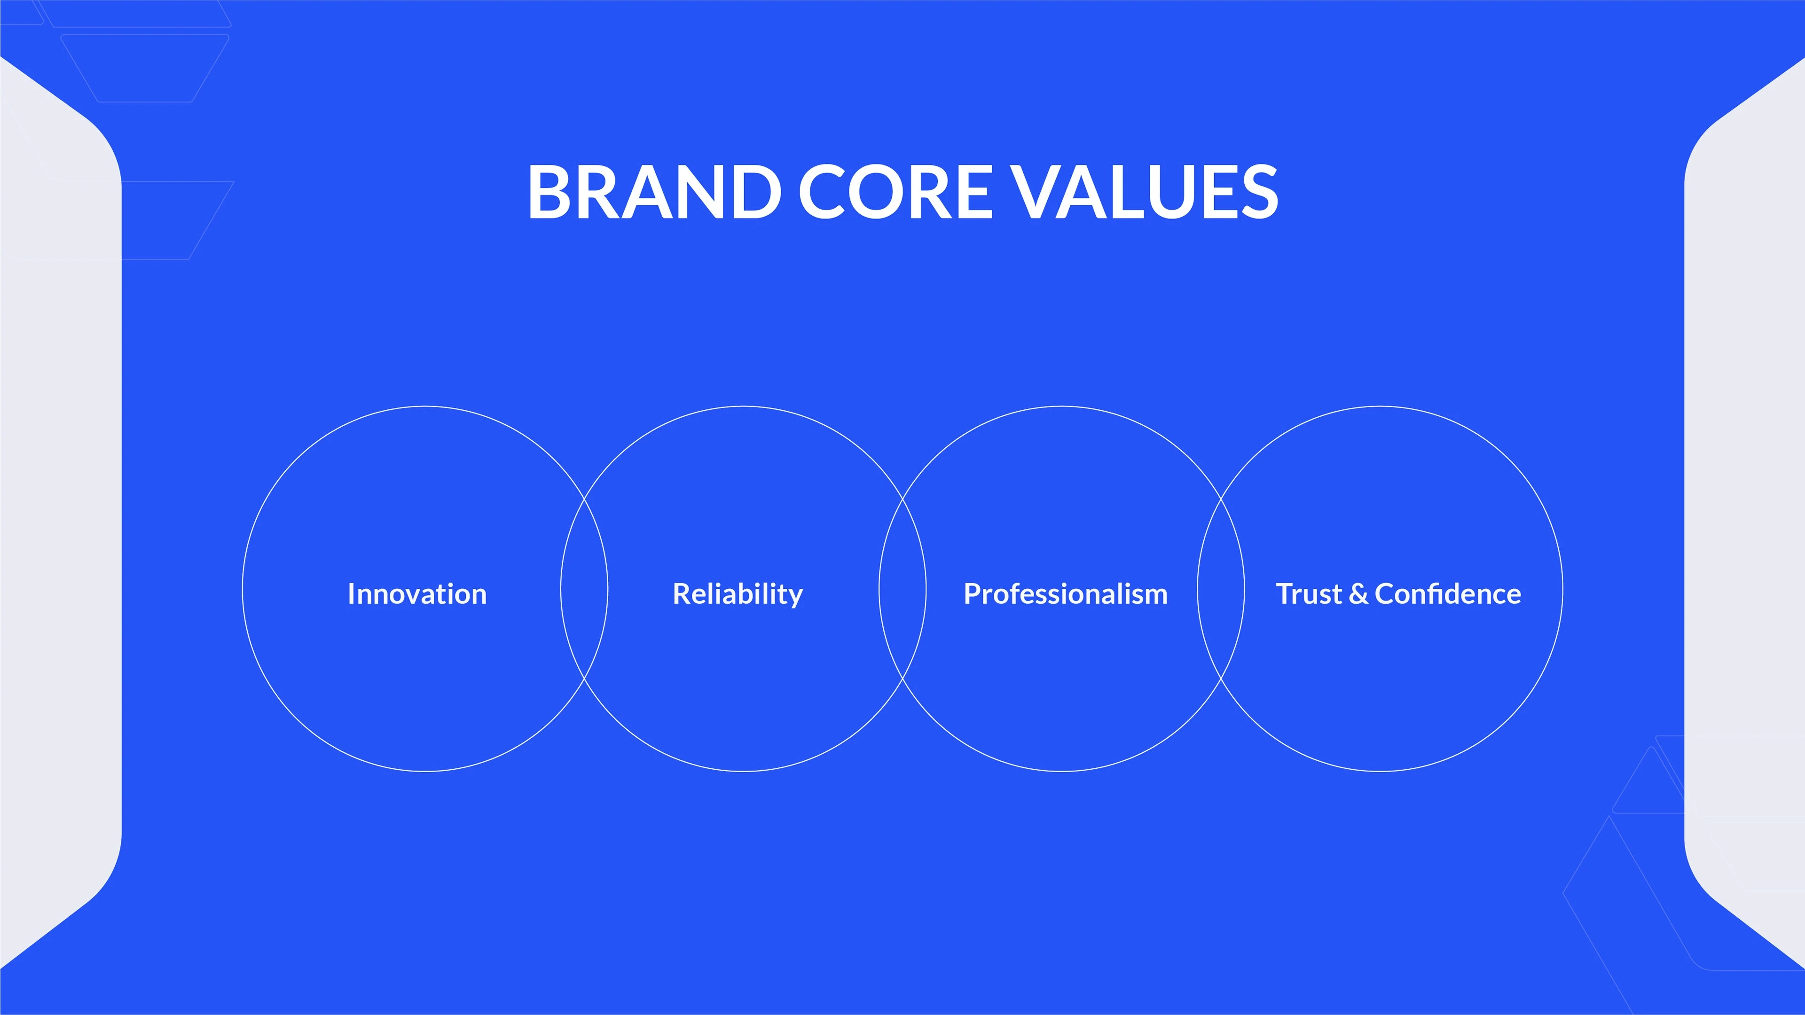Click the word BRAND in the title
(654, 191)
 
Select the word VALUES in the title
(1146, 191)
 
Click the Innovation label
(417, 594)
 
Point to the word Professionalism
(1066, 594)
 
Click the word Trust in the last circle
(1309, 594)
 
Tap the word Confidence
(1448, 594)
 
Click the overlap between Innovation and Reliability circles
(584, 588)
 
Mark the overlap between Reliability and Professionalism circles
(902, 588)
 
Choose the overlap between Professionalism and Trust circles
(1221, 588)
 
